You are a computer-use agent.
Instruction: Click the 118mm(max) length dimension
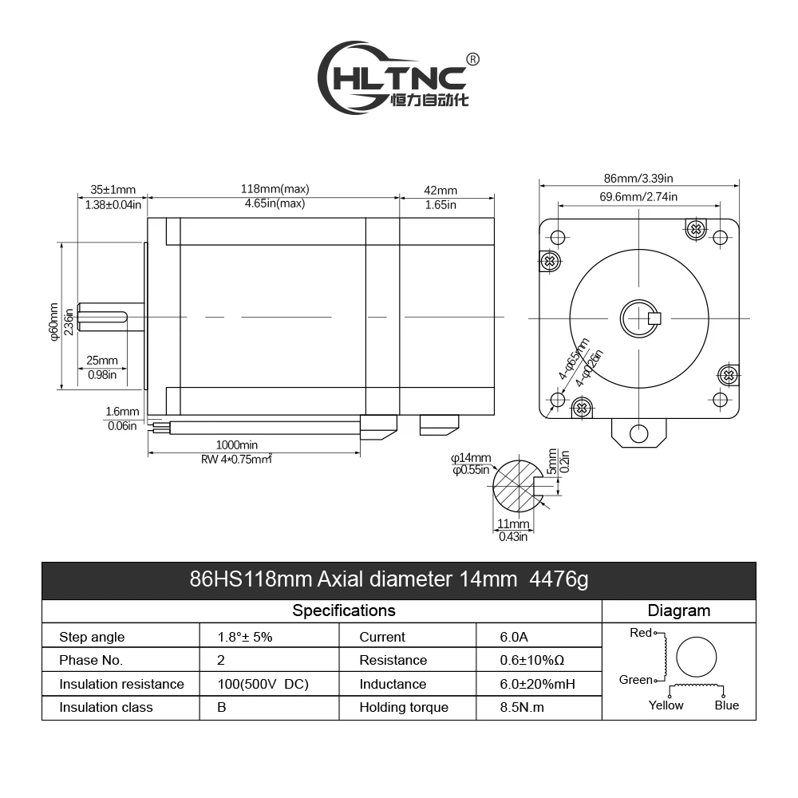coord(275,189)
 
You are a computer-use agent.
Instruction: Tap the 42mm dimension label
coord(440,190)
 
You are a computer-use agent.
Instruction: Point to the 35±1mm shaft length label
coord(113,190)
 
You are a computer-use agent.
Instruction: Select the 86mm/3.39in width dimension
coord(638,179)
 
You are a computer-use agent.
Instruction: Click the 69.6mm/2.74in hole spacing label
coord(638,196)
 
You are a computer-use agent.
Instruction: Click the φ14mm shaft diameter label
coord(471,457)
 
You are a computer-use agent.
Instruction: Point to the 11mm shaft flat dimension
coord(513,524)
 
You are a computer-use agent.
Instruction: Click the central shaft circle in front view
coord(638,318)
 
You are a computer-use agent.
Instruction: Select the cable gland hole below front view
coord(638,433)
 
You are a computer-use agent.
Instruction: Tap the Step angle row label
coord(92,637)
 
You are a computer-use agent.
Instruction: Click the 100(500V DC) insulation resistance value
coord(263,684)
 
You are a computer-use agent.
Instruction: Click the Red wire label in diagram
coord(641,633)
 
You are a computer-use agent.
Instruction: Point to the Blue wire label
coord(726,705)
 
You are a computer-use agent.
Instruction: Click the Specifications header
coord(343,610)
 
